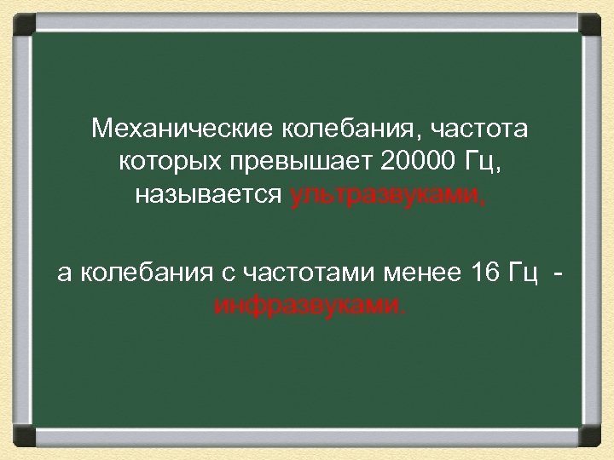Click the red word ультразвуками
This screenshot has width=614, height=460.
pyautogui.click(x=388, y=195)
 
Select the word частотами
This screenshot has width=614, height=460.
pyautogui.click(x=306, y=272)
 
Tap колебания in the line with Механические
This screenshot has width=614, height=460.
pyautogui.click(x=337, y=129)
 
